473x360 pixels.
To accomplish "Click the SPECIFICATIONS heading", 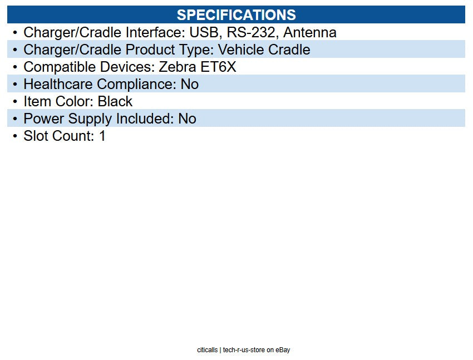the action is coord(236,15).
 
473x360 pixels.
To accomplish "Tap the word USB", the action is coord(204,33).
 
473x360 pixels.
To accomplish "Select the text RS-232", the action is coord(251,33).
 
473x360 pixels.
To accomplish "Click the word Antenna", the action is coord(310,33).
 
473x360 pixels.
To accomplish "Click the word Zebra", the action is coord(178,67).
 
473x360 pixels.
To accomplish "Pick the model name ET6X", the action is coord(218,67).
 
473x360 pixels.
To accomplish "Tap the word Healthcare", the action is coord(58,84).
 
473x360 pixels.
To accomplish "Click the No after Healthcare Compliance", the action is coord(189,84).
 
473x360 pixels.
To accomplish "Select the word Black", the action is coord(115,101).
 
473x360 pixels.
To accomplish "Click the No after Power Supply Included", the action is coord(187,119).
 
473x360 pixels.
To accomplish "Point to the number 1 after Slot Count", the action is coord(102,136).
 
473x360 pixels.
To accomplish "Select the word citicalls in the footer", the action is coord(207,350).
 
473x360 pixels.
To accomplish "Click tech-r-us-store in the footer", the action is coord(244,350).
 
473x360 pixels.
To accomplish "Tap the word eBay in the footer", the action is coord(283,350).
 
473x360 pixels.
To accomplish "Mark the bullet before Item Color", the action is coord(15,102).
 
